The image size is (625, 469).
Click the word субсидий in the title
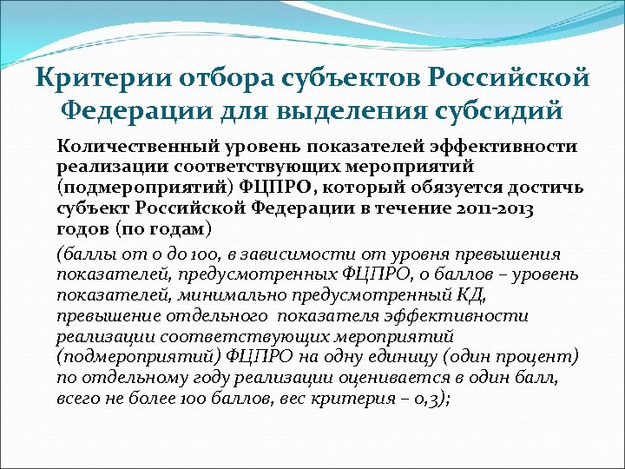point(495,112)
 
